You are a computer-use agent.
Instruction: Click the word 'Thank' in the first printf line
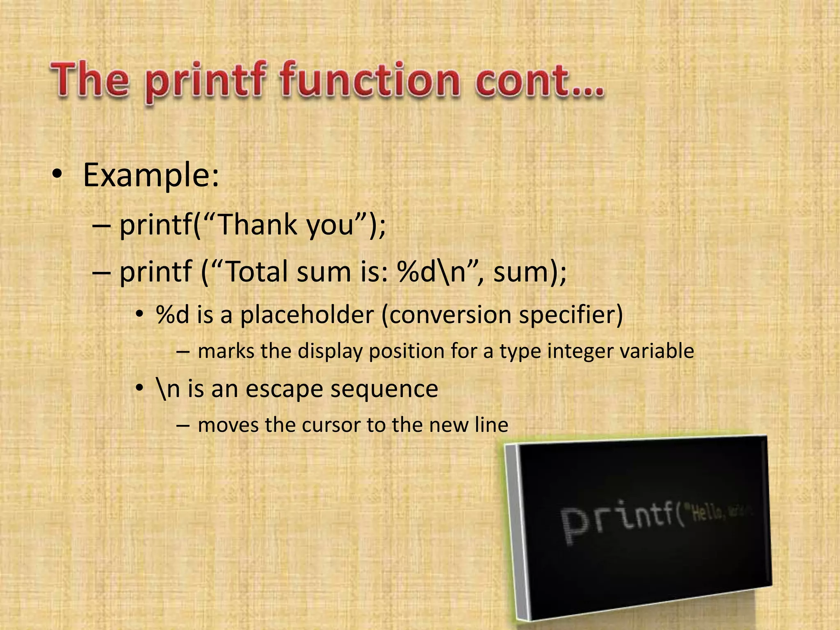(x=256, y=225)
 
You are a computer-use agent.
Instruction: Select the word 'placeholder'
(x=307, y=315)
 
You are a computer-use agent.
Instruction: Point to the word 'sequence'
(x=384, y=389)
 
